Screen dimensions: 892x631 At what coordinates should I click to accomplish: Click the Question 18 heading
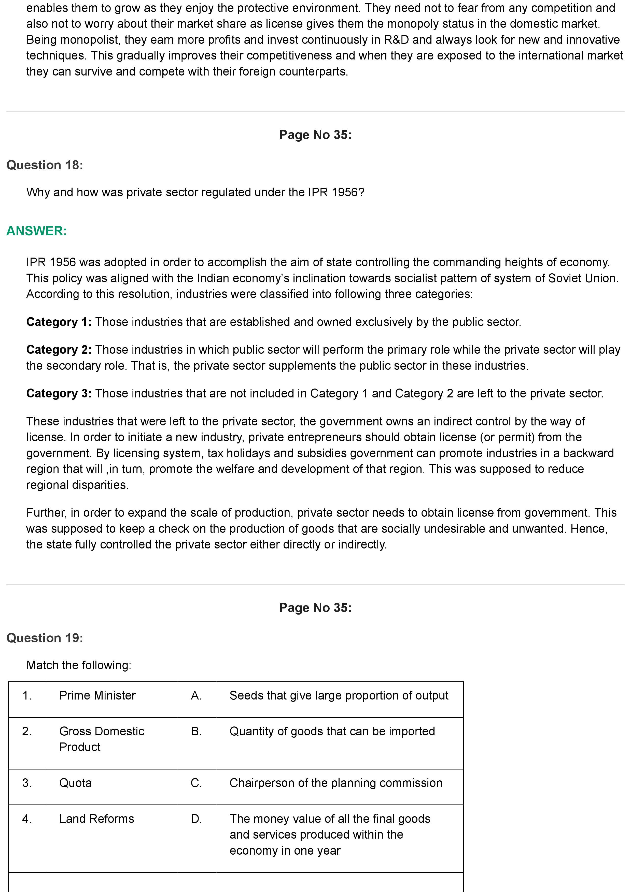[x=45, y=165]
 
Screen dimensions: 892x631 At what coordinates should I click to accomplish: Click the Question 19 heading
[x=45, y=638]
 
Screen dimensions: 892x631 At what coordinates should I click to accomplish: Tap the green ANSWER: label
[x=37, y=231]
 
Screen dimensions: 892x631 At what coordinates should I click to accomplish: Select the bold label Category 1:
[x=59, y=322]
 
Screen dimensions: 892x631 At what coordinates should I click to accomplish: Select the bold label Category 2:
[x=59, y=350]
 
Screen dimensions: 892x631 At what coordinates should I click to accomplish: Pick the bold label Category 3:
[x=59, y=394]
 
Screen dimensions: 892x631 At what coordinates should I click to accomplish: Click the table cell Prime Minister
[x=97, y=695]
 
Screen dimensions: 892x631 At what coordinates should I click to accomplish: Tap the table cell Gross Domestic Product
[x=102, y=739]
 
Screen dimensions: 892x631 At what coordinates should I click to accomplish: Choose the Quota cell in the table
[x=75, y=783]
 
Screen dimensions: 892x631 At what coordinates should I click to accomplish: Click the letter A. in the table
[x=196, y=695]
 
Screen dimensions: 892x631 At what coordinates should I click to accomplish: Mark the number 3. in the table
[x=27, y=783]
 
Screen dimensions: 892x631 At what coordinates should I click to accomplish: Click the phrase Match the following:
[x=79, y=665]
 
